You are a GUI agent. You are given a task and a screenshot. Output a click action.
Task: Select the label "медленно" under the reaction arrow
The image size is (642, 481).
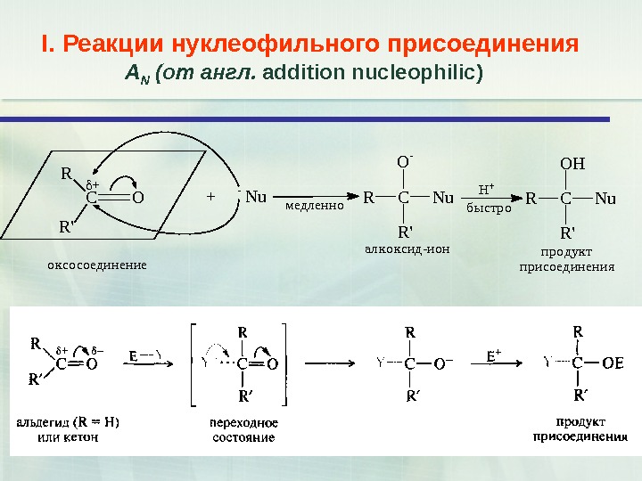point(315,206)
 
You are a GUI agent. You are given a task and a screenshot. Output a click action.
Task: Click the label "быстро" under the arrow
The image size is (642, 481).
point(490,208)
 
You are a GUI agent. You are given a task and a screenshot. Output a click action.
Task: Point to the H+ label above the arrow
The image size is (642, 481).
point(487,189)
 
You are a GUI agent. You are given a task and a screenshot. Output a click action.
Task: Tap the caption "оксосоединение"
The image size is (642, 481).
point(95,265)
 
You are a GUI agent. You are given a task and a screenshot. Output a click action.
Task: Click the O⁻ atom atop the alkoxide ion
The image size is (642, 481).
point(404,163)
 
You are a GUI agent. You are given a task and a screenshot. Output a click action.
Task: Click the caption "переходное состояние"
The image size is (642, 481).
point(243,429)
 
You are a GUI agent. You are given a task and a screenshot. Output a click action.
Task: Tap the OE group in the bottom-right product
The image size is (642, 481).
point(613,363)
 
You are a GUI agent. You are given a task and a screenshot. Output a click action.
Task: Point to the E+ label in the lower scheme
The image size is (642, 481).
point(493,355)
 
